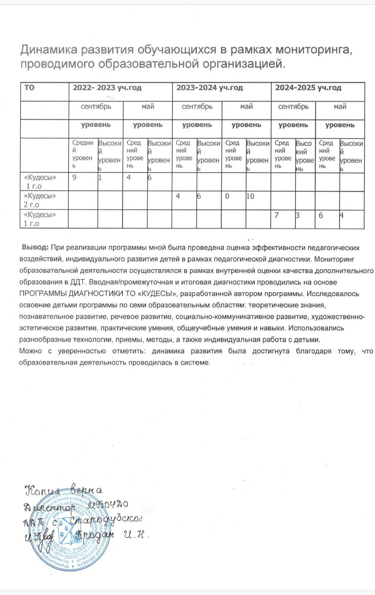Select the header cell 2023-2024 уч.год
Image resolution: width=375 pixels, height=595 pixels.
209,88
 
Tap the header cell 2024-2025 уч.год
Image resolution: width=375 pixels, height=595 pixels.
308,88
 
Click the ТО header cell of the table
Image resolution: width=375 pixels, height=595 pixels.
29,88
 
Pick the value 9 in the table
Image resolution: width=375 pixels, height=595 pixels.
75,178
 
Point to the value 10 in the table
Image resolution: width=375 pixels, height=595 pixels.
250,196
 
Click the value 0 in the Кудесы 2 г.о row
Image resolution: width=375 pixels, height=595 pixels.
227,196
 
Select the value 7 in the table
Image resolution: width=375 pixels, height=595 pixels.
277,215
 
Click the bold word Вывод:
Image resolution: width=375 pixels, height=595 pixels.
35,247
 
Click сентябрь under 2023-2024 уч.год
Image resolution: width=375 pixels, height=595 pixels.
197,106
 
